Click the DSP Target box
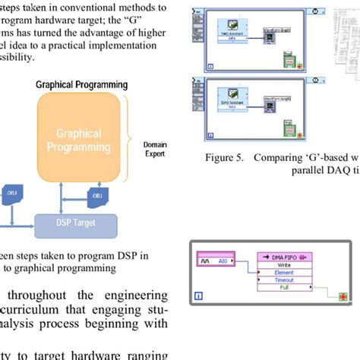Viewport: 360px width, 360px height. [76, 225]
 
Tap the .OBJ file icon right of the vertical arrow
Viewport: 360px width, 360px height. [97, 195]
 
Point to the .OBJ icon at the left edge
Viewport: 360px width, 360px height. [5, 196]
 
